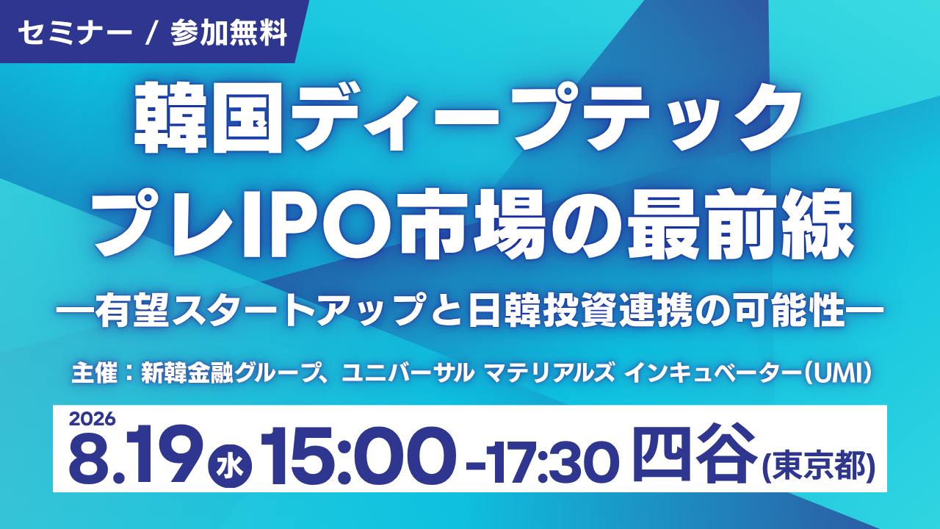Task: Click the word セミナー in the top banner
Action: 74,33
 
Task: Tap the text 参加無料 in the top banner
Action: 229,33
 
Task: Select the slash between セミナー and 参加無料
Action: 151,33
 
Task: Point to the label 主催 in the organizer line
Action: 95,373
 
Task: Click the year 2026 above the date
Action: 92,419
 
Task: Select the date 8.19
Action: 135,456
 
